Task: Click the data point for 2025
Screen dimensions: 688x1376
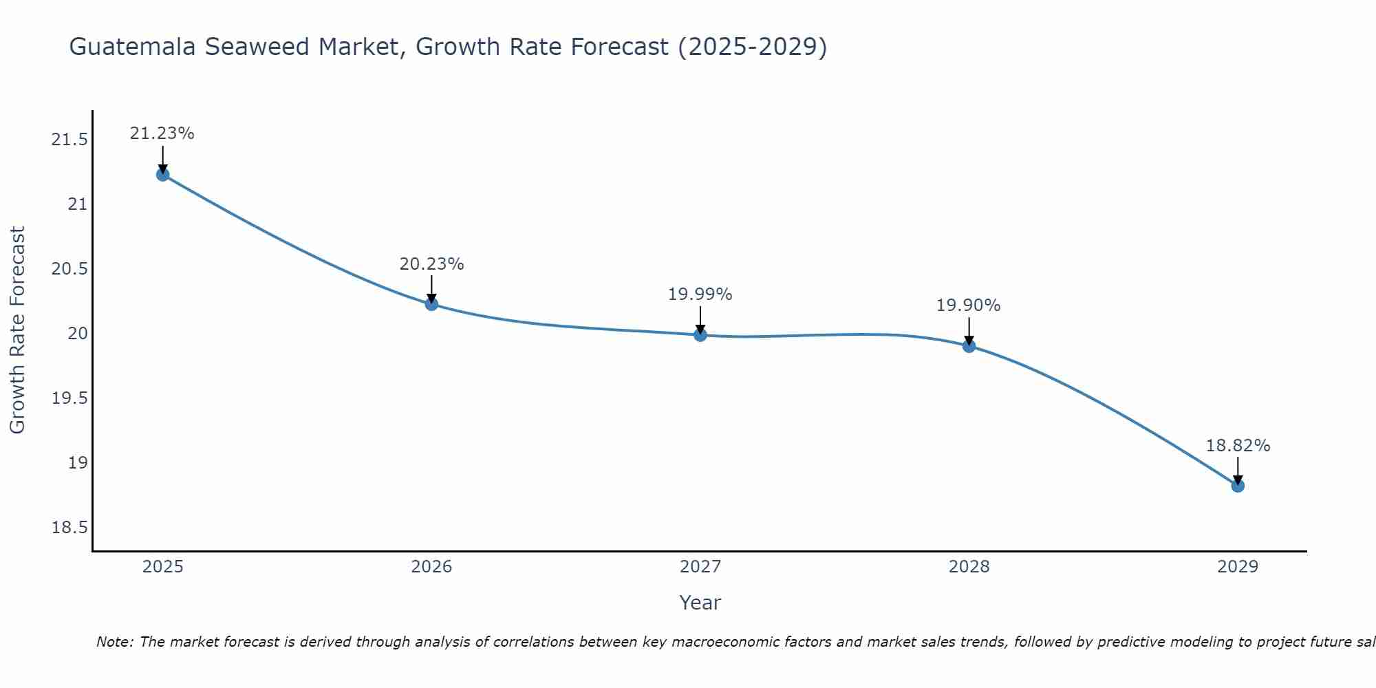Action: [162, 175]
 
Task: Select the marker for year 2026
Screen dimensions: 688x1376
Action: [431, 304]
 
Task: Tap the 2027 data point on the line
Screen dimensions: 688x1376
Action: [700, 335]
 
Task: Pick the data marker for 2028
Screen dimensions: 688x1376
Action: [969, 346]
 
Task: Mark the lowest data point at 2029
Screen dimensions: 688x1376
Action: [1238, 486]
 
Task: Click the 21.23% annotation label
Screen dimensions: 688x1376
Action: [162, 133]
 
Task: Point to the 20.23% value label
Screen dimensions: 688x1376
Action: [431, 264]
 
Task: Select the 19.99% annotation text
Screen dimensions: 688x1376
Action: [700, 294]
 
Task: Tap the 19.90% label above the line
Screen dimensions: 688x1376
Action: [969, 305]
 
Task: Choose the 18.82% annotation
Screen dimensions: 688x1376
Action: [1238, 446]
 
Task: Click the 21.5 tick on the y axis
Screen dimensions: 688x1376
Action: [69, 140]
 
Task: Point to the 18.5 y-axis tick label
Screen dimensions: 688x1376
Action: [69, 528]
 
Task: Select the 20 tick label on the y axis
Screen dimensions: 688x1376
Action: [78, 334]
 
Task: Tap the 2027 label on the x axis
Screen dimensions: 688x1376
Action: [700, 567]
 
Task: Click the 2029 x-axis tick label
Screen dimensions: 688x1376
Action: [1238, 567]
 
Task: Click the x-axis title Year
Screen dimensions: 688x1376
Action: [700, 603]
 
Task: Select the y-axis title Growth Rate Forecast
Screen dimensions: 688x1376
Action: [17, 330]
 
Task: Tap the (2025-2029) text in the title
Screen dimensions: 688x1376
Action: [752, 47]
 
